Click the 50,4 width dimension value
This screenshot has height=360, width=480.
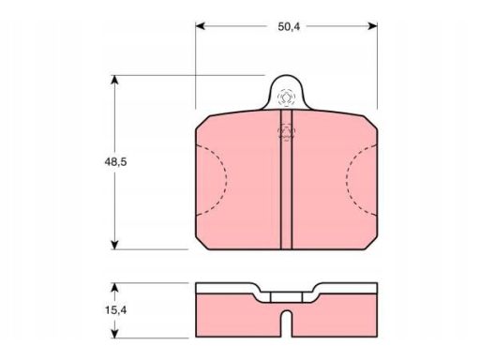289,27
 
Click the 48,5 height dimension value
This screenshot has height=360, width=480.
115,162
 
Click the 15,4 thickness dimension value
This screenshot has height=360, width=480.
115,310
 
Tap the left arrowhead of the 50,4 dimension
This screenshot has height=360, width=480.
200,26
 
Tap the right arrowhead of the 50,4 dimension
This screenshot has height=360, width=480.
373,26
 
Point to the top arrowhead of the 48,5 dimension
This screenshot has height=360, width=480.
115,80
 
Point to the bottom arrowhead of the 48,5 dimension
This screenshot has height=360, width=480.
115,246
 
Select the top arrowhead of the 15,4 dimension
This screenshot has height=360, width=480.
115,288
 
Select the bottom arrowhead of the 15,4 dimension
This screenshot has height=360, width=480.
115,333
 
